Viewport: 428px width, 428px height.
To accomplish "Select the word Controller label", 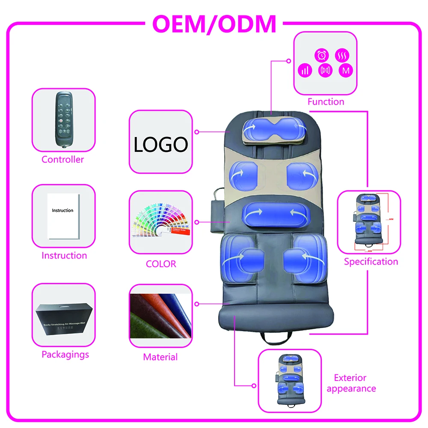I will pos(62,160).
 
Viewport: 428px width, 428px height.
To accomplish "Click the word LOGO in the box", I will pos(160,145).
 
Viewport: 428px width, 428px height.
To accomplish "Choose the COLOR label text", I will pos(161,264).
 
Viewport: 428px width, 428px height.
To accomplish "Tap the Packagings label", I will pos(65,354).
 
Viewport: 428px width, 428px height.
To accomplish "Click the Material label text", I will pos(160,357).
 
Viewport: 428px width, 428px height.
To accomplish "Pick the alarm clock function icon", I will pos(321,55).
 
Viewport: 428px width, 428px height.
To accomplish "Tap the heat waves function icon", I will pos(342,55).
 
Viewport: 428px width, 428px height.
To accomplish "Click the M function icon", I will pos(345,71).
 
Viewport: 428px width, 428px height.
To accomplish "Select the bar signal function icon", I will pos(305,71).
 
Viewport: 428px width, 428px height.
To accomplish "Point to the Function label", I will pos(326,102).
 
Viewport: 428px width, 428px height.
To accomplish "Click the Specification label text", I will pos(371,262).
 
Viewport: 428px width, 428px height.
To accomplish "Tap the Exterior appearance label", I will pos(351,383).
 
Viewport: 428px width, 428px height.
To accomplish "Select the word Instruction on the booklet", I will pos(62,211).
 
